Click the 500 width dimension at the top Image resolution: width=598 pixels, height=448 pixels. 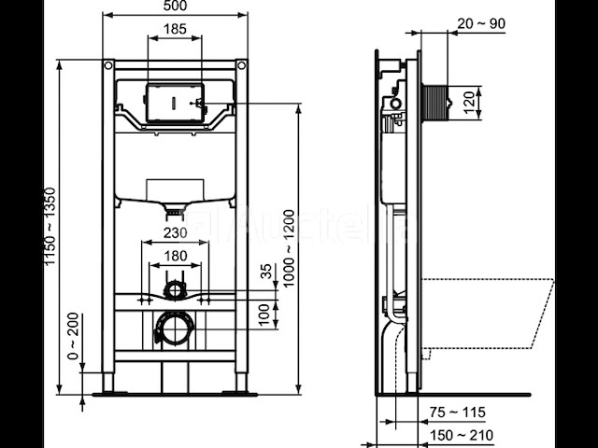pos(175,7)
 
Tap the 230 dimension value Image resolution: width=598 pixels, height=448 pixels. pos(175,232)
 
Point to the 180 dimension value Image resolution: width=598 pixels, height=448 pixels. pos(175,256)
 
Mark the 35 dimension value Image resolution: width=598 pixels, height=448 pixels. pos(265,273)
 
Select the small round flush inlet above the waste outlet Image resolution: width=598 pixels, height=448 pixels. pos(174,290)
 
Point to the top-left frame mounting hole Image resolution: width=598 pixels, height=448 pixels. pos(108,66)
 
